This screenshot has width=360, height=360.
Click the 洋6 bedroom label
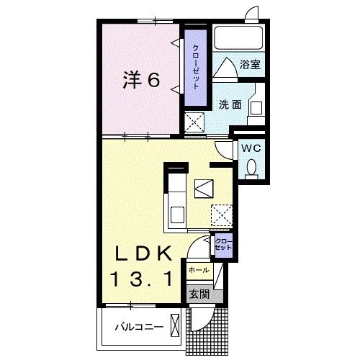(141, 80)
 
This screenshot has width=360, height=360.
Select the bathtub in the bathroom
(238, 37)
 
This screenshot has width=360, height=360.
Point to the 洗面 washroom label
(230, 104)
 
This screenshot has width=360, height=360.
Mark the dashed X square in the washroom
(195, 122)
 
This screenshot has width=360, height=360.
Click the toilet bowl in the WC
(252, 167)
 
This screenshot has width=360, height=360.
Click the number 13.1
(141, 278)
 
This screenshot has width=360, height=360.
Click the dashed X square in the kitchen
(222, 214)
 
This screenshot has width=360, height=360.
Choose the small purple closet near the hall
(224, 243)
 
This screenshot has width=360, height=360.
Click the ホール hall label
(198, 270)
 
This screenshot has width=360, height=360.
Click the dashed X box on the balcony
(174, 325)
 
